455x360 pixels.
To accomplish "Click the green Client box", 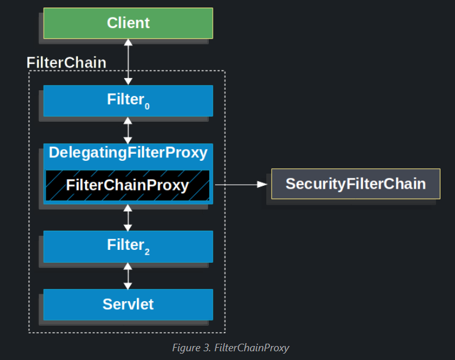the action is click(x=128, y=23).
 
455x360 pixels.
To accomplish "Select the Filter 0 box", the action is click(x=128, y=101).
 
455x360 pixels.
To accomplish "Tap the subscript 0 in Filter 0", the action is click(x=147, y=107).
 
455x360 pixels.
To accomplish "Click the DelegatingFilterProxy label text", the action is click(x=128, y=153).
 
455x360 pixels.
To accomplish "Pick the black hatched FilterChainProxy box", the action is click(x=128, y=185).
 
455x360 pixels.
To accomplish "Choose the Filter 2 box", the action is click(x=128, y=246).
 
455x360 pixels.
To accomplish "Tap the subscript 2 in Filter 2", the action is click(x=147, y=252).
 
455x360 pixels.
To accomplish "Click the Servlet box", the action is click(x=128, y=305).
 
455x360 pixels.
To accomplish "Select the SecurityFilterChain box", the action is click(x=356, y=183).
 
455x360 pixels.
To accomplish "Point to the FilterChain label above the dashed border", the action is click(x=66, y=63).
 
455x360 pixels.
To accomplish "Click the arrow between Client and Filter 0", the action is click(x=128, y=62).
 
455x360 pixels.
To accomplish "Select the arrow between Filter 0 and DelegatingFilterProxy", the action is click(x=128, y=130).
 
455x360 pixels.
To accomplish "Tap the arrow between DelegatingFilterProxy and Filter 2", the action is click(x=128, y=217).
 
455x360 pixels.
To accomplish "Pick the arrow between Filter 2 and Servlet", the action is click(x=128, y=276).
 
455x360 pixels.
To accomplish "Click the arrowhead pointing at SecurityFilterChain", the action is click(x=262, y=184).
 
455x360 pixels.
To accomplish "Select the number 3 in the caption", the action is click(x=207, y=348).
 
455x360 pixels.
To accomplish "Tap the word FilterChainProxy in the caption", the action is click(x=252, y=348).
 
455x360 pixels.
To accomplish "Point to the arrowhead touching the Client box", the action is click(x=128, y=43).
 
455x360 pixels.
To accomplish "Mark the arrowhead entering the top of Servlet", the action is click(x=128, y=286).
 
